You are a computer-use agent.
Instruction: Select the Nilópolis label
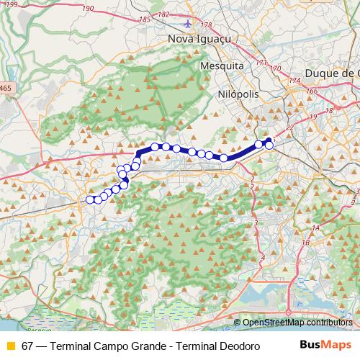click(235, 94)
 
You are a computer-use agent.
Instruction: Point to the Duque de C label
click(332, 73)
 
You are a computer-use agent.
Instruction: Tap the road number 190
click(89, 8)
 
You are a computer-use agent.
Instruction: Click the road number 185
click(145, 19)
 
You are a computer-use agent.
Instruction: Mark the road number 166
click(312, 91)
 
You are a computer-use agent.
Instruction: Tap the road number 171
click(261, 63)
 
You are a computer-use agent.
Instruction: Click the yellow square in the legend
click(10, 346)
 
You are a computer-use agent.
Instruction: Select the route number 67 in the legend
click(27, 346)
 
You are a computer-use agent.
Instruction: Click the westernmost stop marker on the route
click(90, 200)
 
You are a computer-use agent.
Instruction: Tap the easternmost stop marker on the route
click(269, 145)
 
